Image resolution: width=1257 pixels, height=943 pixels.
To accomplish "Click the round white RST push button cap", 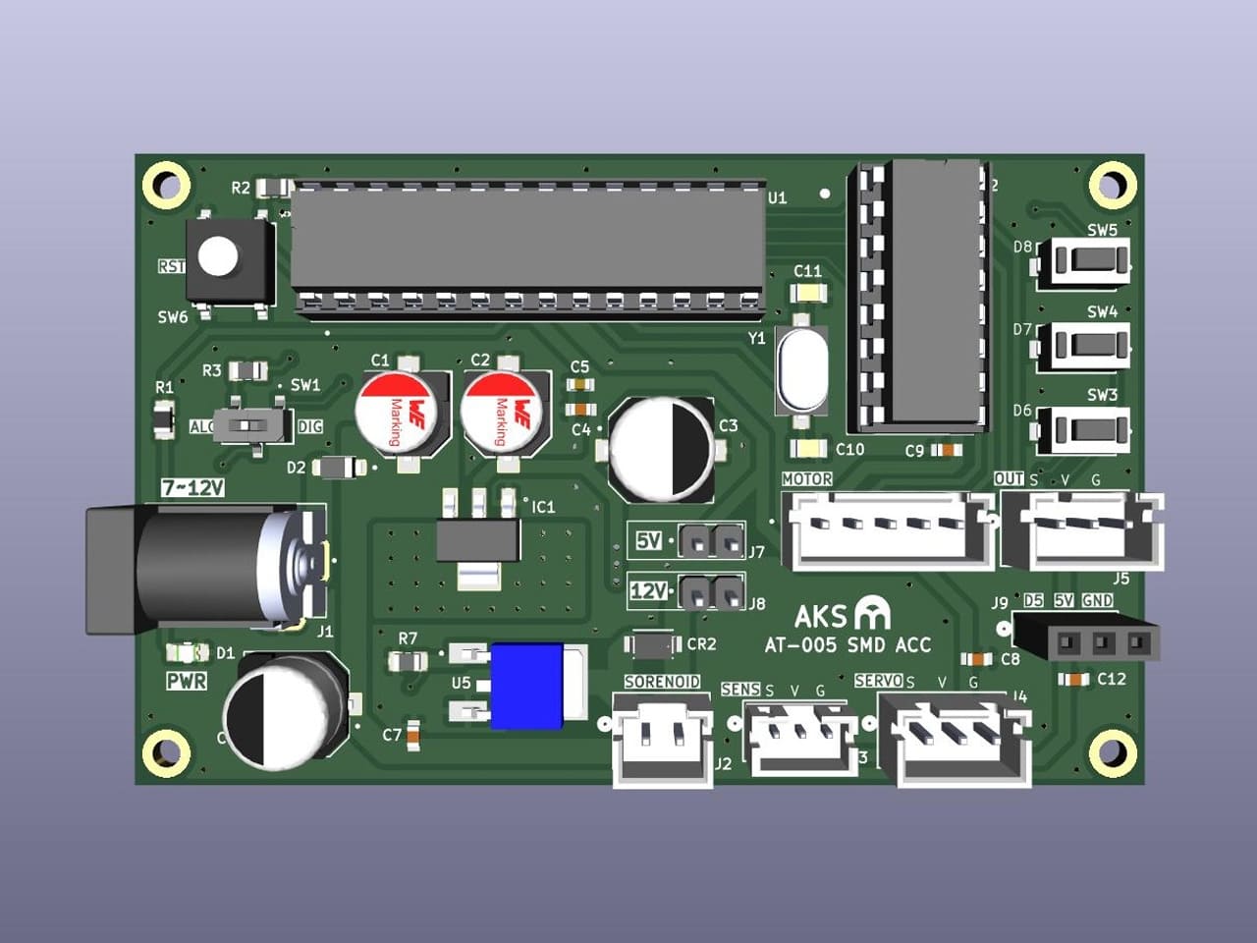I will tap(218, 256).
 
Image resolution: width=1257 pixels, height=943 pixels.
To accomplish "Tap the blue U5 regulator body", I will tap(527, 686).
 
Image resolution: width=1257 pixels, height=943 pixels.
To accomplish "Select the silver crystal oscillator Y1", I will tap(801, 369).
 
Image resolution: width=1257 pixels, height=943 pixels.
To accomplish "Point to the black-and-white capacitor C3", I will tap(662, 446).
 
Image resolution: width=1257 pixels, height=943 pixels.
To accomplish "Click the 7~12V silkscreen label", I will tap(192, 488).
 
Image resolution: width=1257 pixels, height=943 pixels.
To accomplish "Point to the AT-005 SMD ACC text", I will tap(847, 645).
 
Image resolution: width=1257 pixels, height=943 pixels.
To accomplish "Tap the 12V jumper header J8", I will tap(711, 591).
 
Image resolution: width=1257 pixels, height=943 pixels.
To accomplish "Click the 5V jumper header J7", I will tap(711, 539).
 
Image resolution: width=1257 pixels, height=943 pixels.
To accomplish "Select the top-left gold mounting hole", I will tap(167, 185).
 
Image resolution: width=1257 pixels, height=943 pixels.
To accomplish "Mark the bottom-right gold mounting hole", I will tap(1112, 753).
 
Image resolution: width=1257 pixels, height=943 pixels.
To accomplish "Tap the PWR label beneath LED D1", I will tap(187, 681).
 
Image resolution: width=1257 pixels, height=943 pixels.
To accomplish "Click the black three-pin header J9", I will tap(1086, 643).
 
